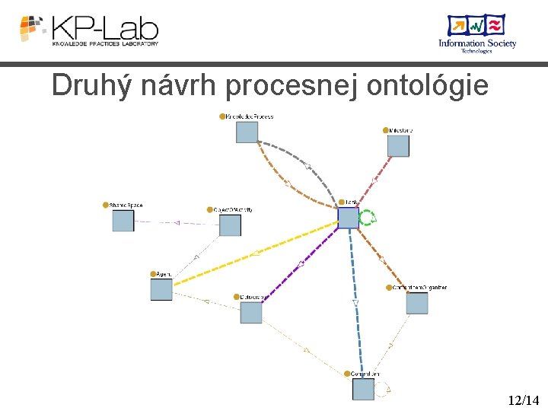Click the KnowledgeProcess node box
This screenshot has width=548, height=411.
click(247, 132)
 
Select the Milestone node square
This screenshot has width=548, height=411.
click(397, 145)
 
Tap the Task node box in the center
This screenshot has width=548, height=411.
click(348, 218)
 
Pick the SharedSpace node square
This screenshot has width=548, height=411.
click(123, 221)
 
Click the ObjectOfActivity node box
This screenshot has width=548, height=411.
click(230, 225)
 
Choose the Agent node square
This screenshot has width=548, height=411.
click(161, 289)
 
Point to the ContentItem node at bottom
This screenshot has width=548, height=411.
click(363, 389)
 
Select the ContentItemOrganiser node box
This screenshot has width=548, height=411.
click(416, 303)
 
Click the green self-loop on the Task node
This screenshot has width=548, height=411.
click(368, 218)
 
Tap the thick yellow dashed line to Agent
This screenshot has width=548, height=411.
click(255, 253)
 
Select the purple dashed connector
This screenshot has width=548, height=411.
click(301, 263)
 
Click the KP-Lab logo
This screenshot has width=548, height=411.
click(89, 30)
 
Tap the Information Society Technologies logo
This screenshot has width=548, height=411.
click(476, 33)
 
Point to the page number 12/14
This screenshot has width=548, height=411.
click(524, 400)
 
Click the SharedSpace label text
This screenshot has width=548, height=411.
click(126, 205)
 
